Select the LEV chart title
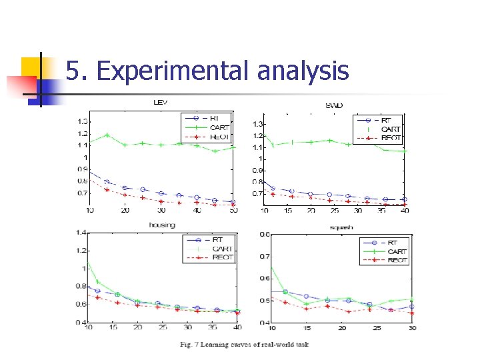click(x=161, y=103)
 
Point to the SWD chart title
click(x=334, y=105)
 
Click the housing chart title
click(x=161, y=225)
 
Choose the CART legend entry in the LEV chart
click(x=219, y=127)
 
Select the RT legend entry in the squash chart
click(x=393, y=243)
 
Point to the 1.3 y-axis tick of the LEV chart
click(x=83, y=121)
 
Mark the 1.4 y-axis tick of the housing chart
click(x=81, y=233)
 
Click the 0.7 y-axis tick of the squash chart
click(x=264, y=257)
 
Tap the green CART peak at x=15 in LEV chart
click(x=107, y=135)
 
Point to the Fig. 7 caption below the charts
click(x=244, y=344)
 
